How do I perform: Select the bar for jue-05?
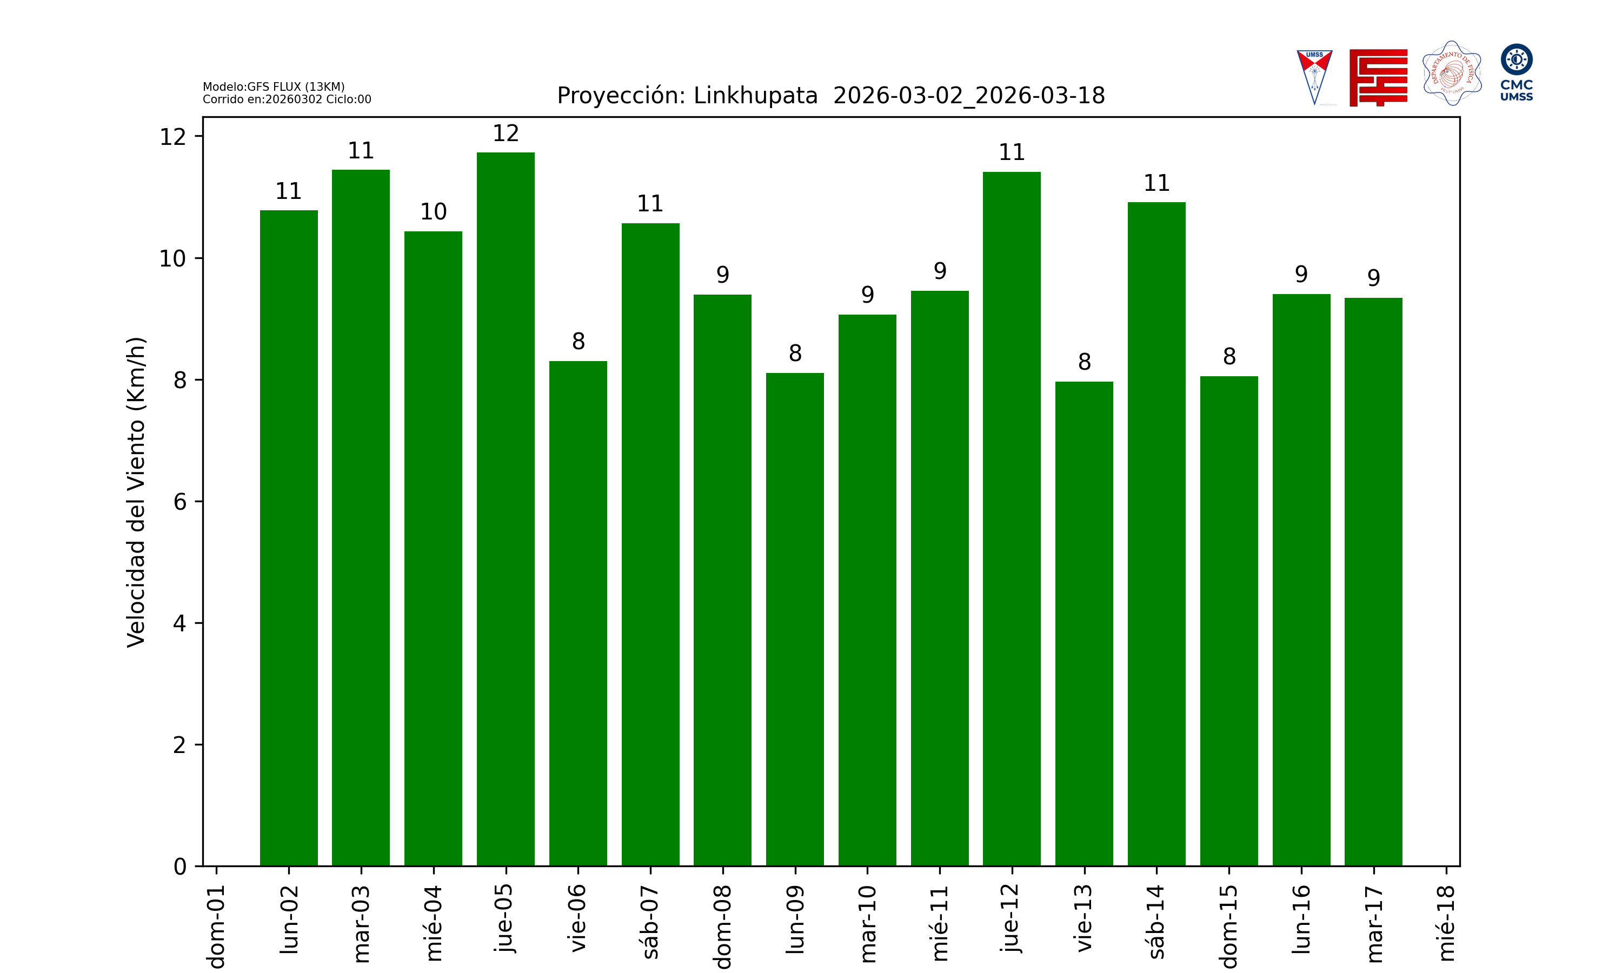coord(506,509)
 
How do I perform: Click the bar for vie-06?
coord(577,613)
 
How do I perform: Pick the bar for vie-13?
coord(1083,624)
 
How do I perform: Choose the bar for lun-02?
coord(289,538)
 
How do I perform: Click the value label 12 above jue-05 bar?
coord(506,134)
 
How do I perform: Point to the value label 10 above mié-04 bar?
coord(434,212)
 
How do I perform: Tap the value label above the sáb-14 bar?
coord(1156,183)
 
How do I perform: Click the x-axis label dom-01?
coord(216,926)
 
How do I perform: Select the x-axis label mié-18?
coord(1446,923)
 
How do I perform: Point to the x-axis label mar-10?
coord(867,923)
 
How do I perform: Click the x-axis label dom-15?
coord(1228,926)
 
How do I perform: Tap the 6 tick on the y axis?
coord(180,502)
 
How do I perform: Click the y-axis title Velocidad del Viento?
coord(136,492)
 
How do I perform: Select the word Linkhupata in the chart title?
coord(755,96)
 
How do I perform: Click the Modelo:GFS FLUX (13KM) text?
coord(274,86)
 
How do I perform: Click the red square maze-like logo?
coord(1378,77)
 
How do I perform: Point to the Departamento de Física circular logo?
coord(1452,74)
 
